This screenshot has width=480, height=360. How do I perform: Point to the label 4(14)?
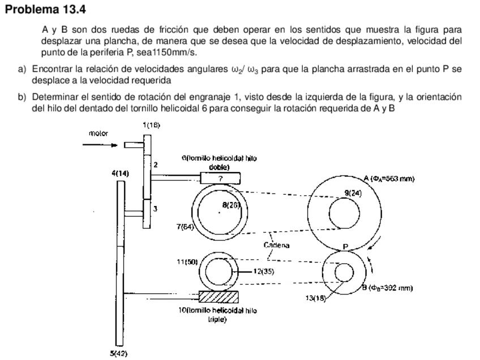click(120, 173)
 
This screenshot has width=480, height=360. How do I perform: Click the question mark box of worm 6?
click(220, 178)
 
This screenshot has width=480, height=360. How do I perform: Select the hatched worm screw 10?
click(218, 297)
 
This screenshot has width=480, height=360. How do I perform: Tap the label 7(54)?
click(185, 227)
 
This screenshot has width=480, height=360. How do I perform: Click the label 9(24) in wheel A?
click(353, 193)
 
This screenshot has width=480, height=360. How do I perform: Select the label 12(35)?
click(263, 272)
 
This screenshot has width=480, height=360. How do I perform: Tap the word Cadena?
click(276, 245)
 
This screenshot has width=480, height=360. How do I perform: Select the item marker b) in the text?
click(22, 97)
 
